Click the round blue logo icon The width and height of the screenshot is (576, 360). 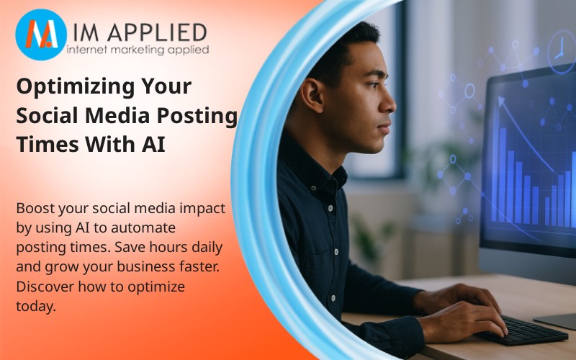coord(41,35)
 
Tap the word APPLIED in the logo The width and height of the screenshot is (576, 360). coord(159,32)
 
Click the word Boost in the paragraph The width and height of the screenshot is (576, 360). coord(36,209)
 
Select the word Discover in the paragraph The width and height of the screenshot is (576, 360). coord(43,287)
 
